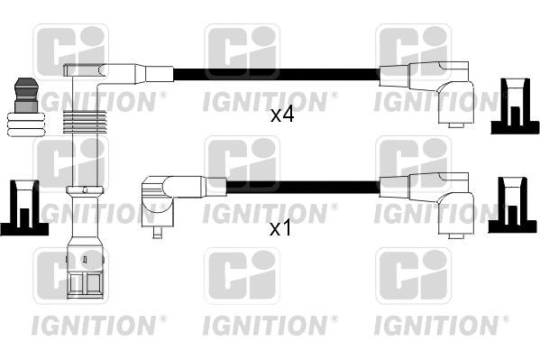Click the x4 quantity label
282,115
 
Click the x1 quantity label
281,228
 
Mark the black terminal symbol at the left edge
20,209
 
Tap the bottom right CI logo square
412,276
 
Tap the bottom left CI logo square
70,276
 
